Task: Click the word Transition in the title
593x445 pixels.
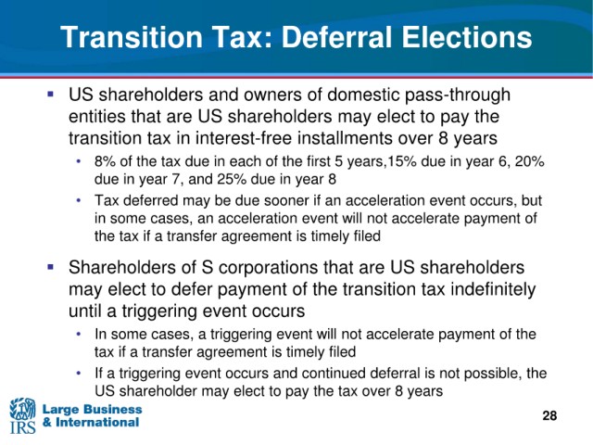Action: pyautogui.click(x=132, y=37)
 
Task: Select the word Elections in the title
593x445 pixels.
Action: pyautogui.click(x=467, y=37)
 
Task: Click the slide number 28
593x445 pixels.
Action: pyautogui.click(x=549, y=415)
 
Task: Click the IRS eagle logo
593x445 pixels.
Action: pyautogui.click(x=22, y=415)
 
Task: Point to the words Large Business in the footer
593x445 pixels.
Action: pyautogui.click(x=92, y=409)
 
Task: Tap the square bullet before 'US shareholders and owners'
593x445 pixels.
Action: pyautogui.click(x=50, y=93)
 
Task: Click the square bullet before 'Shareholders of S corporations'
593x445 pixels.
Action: pyautogui.click(x=50, y=267)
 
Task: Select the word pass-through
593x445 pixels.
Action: pyautogui.click(x=458, y=95)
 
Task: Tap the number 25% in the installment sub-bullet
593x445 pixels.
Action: pyautogui.click(x=231, y=179)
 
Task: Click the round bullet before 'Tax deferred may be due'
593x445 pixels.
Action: pyautogui.click(x=79, y=200)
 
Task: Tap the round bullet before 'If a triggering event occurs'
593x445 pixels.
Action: pyautogui.click(x=79, y=373)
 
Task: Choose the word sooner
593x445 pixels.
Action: pyautogui.click(x=286, y=200)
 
